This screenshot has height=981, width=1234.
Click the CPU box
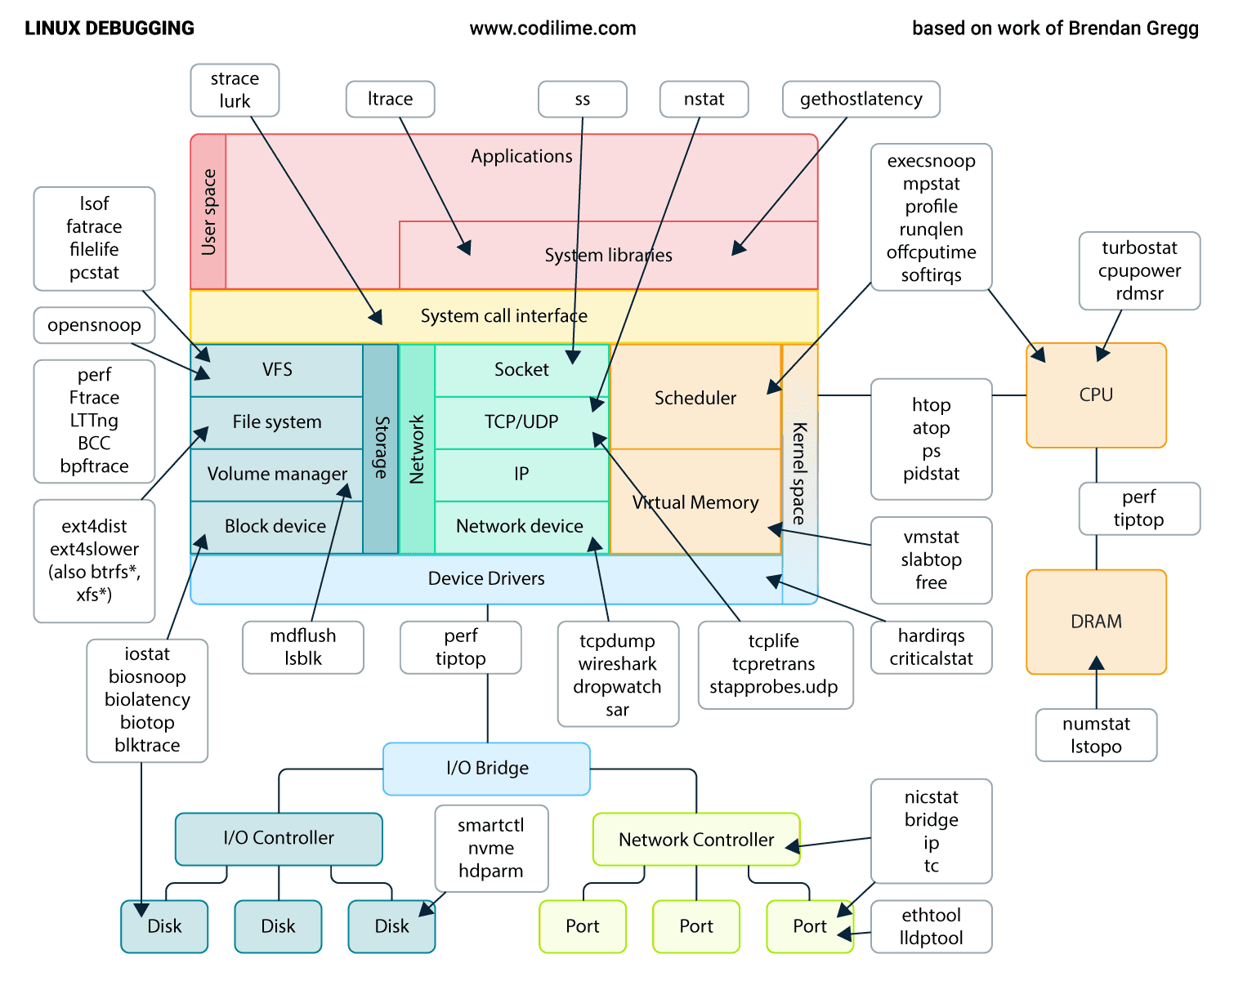(1095, 395)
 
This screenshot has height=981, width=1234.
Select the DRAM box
(1095, 622)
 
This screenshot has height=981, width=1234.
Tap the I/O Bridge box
(487, 768)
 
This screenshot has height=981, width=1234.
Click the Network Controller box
(695, 840)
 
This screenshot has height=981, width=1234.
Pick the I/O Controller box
(279, 838)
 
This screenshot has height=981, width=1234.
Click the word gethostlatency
(861, 99)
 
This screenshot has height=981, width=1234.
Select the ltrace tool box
(390, 99)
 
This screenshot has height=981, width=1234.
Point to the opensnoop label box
(94, 325)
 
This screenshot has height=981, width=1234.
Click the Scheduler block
(695, 398)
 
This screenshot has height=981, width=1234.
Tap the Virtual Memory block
(695, 502)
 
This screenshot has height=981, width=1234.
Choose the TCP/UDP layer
(521, 422)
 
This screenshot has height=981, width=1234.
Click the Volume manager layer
(277, 475)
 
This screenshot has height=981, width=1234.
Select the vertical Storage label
(381, 447)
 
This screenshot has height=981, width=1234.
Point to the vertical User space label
(208, 212)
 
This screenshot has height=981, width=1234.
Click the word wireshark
(617, 664)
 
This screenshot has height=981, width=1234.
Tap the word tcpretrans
(773, 664)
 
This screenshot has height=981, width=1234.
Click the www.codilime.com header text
(552, 29)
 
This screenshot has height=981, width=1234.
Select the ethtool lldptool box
(931, 926)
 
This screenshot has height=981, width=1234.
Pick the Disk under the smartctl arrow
(391, 926)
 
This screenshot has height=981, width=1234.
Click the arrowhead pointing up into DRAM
(1096, 662)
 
